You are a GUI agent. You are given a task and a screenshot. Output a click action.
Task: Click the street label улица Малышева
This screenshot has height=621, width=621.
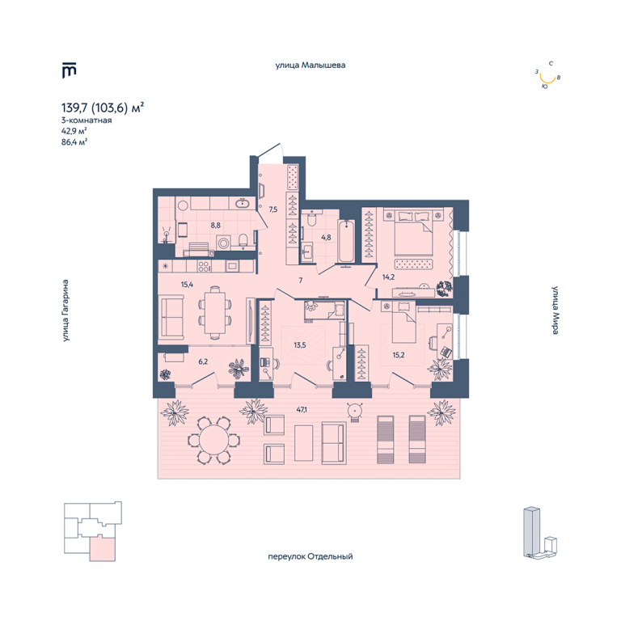(x=310, y=65)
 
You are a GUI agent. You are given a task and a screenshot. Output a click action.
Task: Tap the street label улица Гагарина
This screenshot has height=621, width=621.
(x=65, y=310)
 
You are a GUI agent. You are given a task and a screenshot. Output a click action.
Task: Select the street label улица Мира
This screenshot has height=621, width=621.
(x=556, y=310)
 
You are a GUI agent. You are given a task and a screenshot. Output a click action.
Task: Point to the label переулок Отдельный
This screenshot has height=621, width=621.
(x=310, y=556)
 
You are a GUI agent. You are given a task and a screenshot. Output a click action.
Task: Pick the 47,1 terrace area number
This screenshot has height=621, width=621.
(x=302, y=409)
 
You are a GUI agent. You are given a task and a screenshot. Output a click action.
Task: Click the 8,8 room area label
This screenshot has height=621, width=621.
(x=215, y=226)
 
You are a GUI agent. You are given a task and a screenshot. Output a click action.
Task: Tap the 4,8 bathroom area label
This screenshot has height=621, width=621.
(x=326, y=238)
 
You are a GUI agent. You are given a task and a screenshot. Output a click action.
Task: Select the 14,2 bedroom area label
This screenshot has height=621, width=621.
(x=388, y=277)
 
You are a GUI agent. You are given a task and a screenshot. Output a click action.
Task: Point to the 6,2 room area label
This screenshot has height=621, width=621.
(x=203, y=361)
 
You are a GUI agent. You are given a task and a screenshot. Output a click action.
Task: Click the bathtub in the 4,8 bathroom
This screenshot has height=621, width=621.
(x=346, y=241)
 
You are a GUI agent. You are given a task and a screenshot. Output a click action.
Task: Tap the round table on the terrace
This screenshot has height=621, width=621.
(x=213, y=440)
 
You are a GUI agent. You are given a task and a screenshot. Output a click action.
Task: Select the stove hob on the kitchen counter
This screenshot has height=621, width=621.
(x=205, y=266)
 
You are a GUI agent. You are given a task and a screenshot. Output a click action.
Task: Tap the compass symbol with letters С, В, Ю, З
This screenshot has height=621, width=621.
(x=547, y=75)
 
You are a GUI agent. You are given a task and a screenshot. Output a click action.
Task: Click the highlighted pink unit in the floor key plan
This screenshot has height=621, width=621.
(x=103, y=548)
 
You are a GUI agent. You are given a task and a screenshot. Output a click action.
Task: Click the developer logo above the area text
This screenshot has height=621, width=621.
(x=69, y=70)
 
